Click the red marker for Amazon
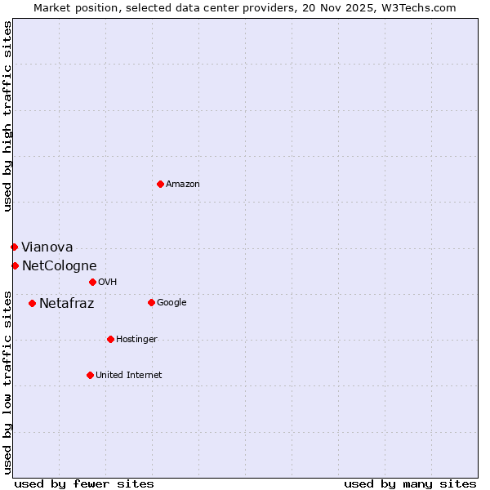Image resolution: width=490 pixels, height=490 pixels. click(x=160, y=184)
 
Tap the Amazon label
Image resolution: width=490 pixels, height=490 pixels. click(x=183, y=185)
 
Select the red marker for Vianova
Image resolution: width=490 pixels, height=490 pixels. click(x=14, y=247)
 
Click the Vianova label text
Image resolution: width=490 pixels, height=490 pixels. click(x=47, y=247)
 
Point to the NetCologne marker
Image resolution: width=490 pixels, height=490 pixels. click(x=15, y=265)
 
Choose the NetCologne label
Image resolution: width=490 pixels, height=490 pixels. click(x=60, y=266)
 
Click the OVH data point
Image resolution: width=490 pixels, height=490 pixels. click(x=92, y=282)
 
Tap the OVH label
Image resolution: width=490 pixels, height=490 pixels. click(x=108, y=283)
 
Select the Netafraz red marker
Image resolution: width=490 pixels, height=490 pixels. click(x=32, y=303)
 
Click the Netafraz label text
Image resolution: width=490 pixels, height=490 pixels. click(x=67, y=304)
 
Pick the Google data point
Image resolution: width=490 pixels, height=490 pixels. click(x=151, y=302)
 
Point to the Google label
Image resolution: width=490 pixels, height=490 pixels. click(x=171, y=303)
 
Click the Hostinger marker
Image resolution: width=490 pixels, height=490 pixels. click(x=110, y=339)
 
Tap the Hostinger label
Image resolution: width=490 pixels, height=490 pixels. click(x=136, y=340)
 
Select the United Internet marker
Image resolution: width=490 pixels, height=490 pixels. click(x=90, y=375)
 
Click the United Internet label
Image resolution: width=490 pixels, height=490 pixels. click(x=129, y=376)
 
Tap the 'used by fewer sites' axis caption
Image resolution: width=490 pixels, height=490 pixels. click(x=84, y=483)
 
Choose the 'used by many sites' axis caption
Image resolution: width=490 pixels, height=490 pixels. click(x=410, y=483)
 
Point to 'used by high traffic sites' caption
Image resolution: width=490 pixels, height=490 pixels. click(x=7, y=116)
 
